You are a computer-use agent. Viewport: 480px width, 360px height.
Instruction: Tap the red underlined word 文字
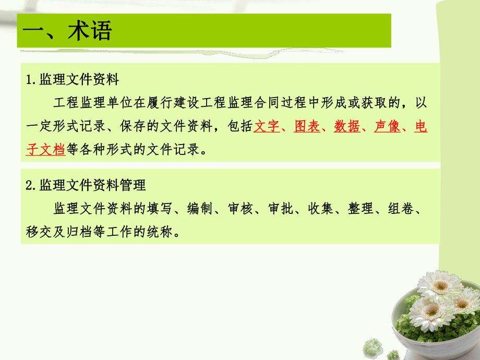(x=267, y=127)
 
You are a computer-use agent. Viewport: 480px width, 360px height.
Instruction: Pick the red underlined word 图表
(x=307, y=127)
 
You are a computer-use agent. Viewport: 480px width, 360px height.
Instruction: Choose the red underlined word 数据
(x=347, y=127)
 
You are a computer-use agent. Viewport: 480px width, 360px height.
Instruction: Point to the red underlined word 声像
(x=387, y=127)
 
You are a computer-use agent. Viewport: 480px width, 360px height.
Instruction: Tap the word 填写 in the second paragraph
(x=160, y=208)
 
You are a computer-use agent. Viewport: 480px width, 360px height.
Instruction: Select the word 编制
(x=200, y=208)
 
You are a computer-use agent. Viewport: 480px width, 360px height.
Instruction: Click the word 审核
(x=240, y=208)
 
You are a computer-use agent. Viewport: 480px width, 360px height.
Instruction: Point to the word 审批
(x=280, y=208)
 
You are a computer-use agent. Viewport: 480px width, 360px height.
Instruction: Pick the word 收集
(x=320, y=208)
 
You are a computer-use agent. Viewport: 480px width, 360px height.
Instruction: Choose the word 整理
(x=361, y=208)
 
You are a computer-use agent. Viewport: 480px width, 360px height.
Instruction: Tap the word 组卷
(x=401, y=208)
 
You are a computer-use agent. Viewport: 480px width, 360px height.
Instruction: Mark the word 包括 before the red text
(x=240, y=127)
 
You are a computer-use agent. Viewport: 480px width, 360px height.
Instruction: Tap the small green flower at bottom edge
(x=373, y=347)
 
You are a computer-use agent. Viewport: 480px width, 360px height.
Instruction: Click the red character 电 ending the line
(x=421, y=127)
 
